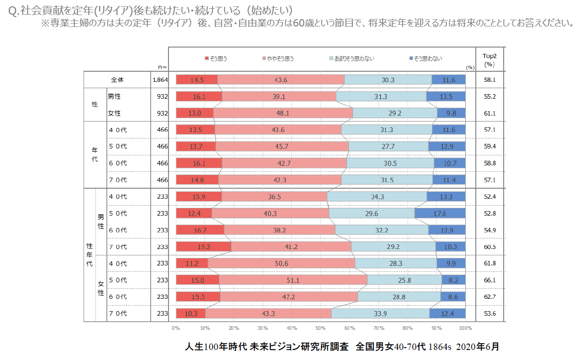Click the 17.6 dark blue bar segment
(440, 213)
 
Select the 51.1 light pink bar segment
(293, 280)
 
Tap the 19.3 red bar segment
(203, 247)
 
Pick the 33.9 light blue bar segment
(380, 313)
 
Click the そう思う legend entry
(216, 58)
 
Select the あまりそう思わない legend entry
(351, 58)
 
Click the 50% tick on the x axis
(321, 328)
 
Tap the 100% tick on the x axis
(465, 328)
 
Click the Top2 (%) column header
(490, 60)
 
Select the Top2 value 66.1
(490, 280)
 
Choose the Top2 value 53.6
(490, 313)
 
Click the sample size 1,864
(160, 80)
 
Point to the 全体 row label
(117, 80)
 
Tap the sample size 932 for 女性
(163, 113)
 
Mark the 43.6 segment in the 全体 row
(281, 80)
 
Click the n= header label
(162, 67)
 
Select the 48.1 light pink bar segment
(283, 113)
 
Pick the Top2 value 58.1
(490, 80)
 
